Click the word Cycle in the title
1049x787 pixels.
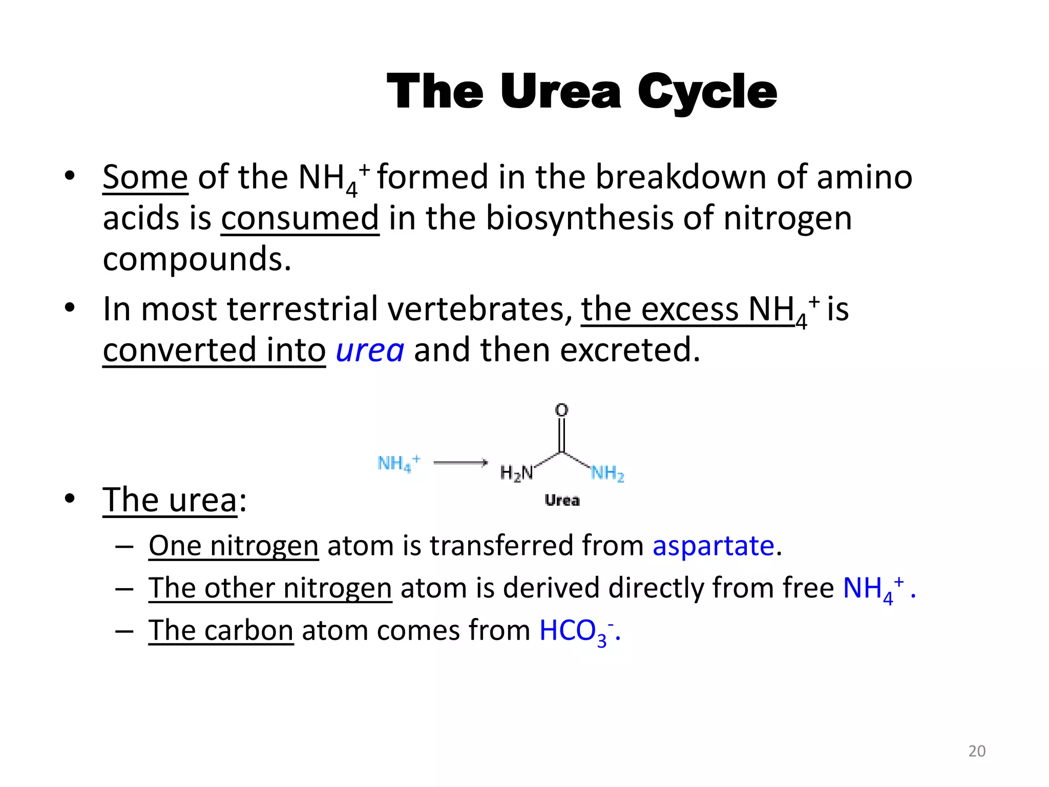click(x=707, y=92)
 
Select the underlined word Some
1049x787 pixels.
click(x=145, y=177)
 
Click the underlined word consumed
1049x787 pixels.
click(x=300, y=218)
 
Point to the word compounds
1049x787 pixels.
click(x=197, y=259)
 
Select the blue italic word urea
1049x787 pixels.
click(x=370, y=350)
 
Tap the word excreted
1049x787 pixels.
click(x=630, y=350)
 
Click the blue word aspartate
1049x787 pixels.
click(x=713, y=545)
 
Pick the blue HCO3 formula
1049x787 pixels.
click(x=576, y=631)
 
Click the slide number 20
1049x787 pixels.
click(x=977, y=751)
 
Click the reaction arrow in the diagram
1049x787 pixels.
click(x=460, y=463)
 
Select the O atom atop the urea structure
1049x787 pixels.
click(x=562, y=410)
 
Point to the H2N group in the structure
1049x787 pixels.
click(x=516, y=472)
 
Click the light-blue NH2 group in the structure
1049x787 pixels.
click(x=608, y=472)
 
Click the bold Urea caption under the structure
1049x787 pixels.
click(x=562, y=501)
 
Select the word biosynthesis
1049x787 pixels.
click(x=579, y=218)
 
